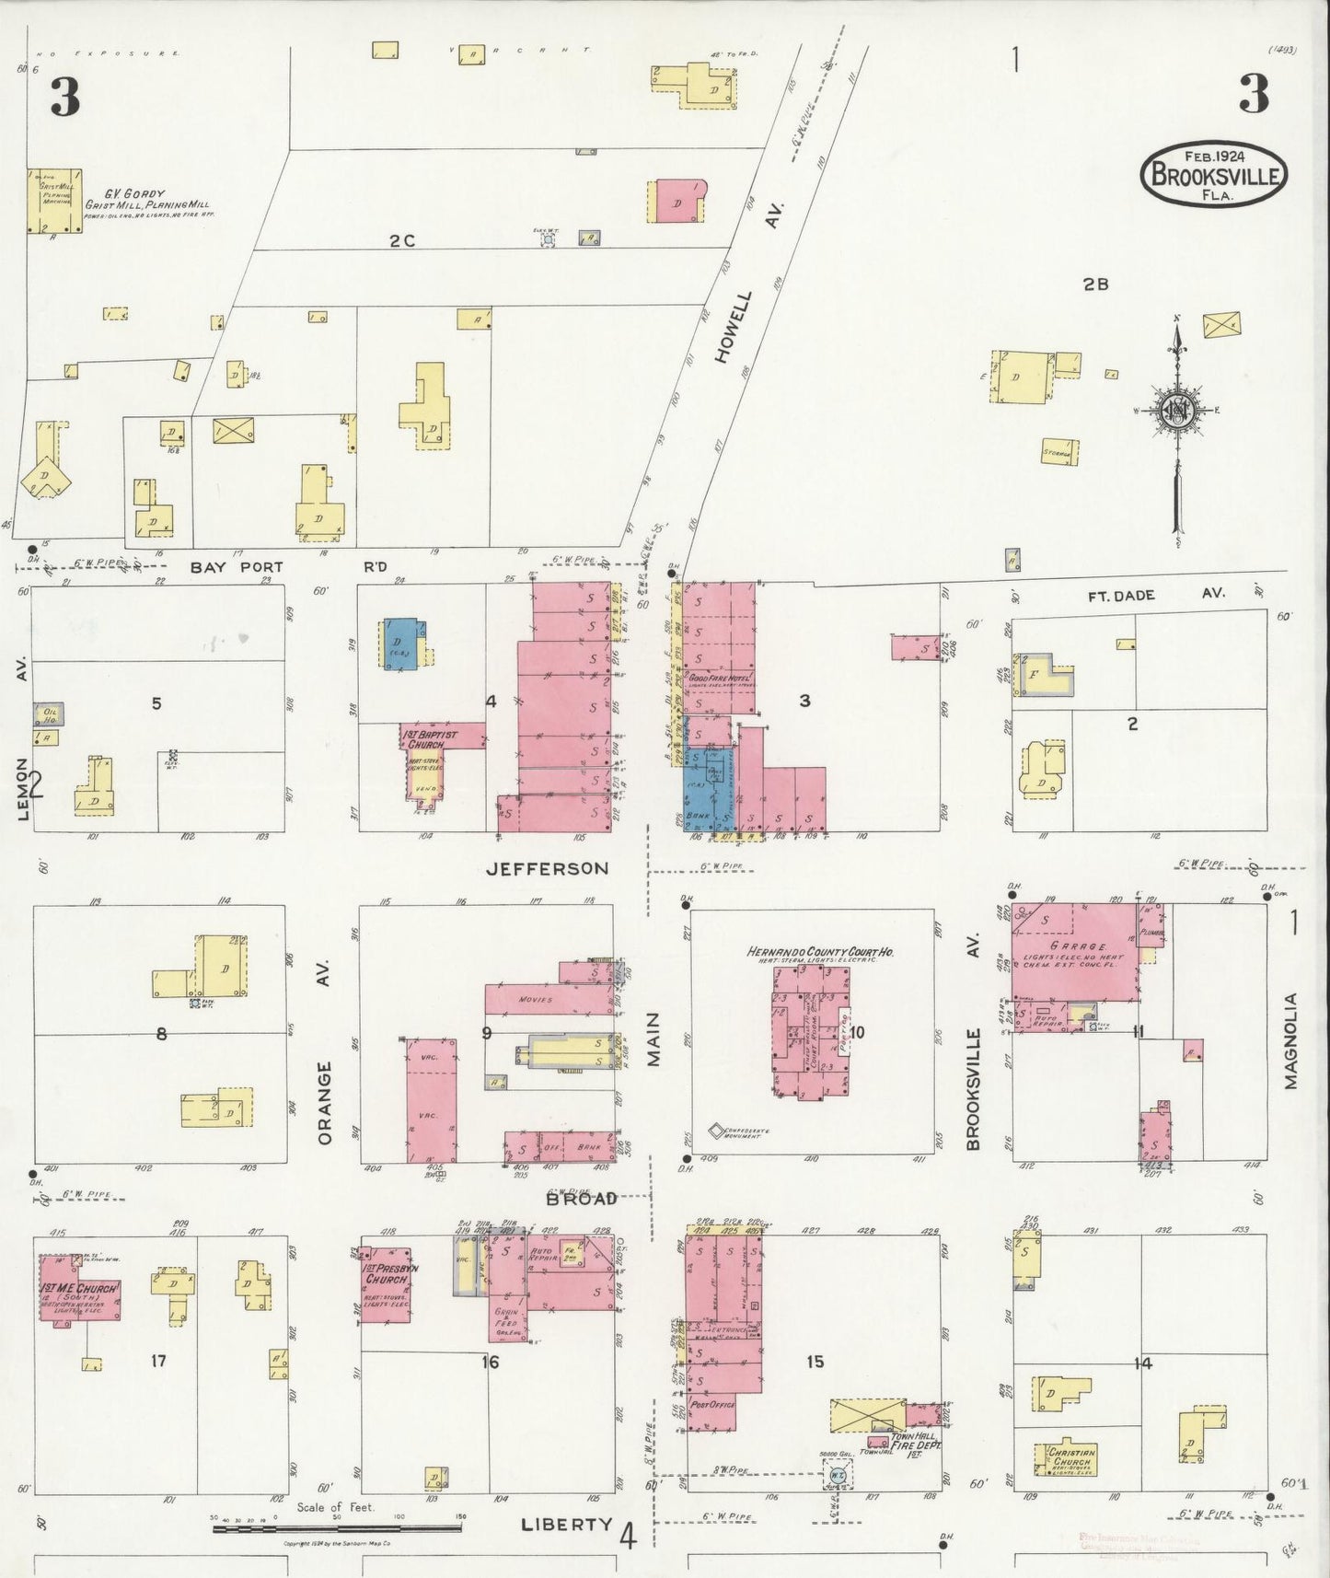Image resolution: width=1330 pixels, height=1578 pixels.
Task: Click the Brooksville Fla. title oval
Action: coord(1212,171)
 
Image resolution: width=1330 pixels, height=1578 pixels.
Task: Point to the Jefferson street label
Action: coord(548,868)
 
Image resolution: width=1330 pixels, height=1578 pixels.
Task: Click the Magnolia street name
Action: coord(1291,1040)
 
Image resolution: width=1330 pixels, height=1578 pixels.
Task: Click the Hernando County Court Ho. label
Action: coord(822,952)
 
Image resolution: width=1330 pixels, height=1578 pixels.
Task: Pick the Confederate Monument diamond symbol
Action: coord(715,1129)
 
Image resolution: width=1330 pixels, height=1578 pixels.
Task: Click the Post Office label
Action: coord(710,1406)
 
